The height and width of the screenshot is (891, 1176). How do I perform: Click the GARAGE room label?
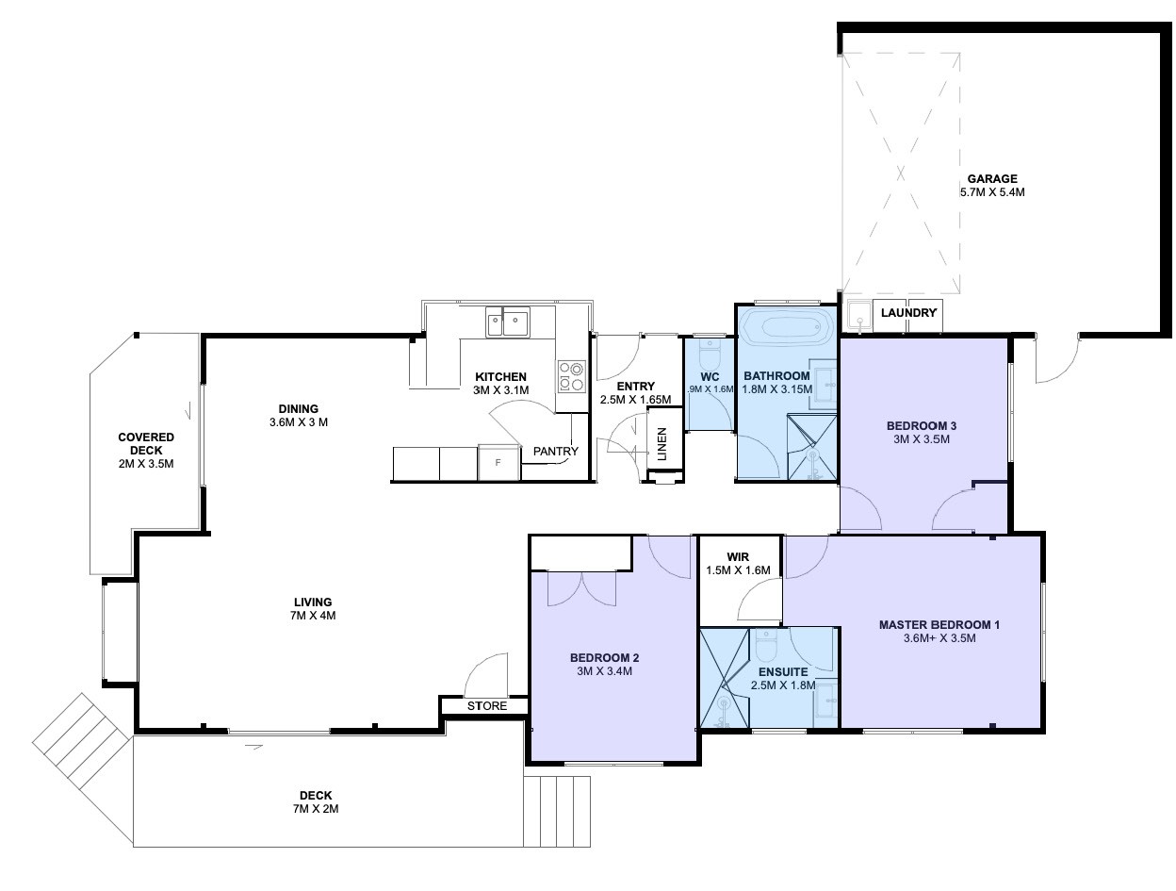pos(991,178)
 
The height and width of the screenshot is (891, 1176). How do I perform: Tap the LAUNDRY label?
pos(908,312)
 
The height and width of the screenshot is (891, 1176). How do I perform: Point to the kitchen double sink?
pos(507,322)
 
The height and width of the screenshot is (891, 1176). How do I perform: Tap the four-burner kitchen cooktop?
pos(571,376)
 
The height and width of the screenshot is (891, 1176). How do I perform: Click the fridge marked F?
pos(498,462)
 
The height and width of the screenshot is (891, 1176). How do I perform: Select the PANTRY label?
pos(556,452)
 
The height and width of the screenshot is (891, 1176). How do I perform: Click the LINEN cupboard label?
pos(662,444)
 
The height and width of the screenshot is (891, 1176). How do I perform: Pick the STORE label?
pos(486,706)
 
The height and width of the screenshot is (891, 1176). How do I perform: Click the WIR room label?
pos(738,557)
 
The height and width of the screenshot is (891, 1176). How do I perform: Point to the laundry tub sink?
pos(860,317)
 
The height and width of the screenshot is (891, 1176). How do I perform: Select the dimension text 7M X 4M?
pos(313,616)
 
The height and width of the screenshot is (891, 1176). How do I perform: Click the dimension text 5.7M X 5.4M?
pos(992,192)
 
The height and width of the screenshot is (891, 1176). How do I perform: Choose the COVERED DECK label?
pos(146,444)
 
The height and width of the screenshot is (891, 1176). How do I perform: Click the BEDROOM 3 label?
pos(922,425)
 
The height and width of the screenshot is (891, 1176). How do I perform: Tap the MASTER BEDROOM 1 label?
pos(939,624)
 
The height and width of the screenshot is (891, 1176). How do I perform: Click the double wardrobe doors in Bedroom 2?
pos(581,588)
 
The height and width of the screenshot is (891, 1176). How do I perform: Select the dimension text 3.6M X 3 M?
pos(299,421)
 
